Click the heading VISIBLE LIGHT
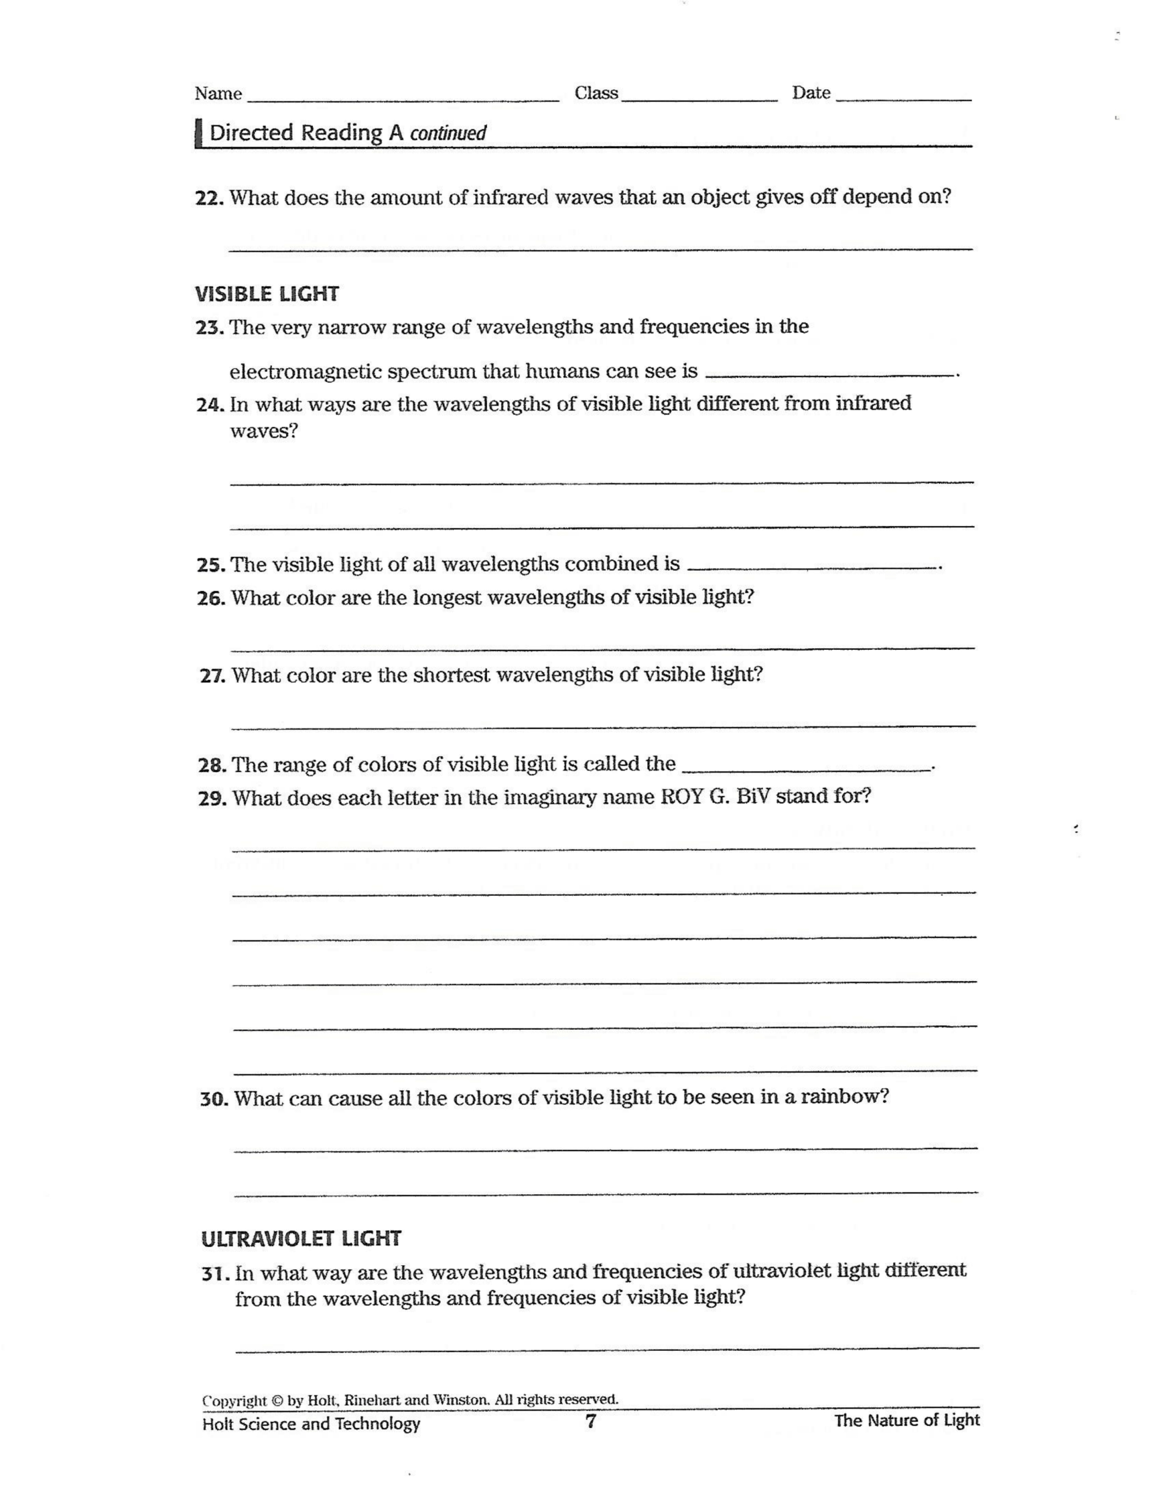pyautogui.click(x=267, y=294)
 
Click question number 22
pyautogui.click(x=209, y=198)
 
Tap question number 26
pyautogui.click(x=211, y=598)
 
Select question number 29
pyautogui.click(x=212, y=798)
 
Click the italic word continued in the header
pyautogui.click(x=448, y=133)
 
